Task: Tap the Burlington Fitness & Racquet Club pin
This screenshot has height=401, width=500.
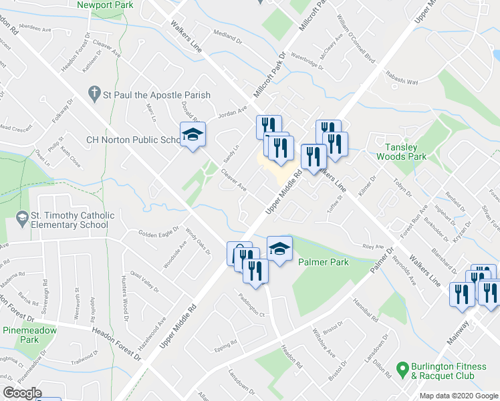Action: click(402, 368)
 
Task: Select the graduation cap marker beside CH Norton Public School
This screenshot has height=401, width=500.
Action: click(192, 136)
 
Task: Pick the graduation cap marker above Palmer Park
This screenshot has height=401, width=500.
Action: click(279, 249)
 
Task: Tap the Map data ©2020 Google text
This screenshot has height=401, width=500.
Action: click(459, 396)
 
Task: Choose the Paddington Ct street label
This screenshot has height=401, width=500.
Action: click(252, 305)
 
